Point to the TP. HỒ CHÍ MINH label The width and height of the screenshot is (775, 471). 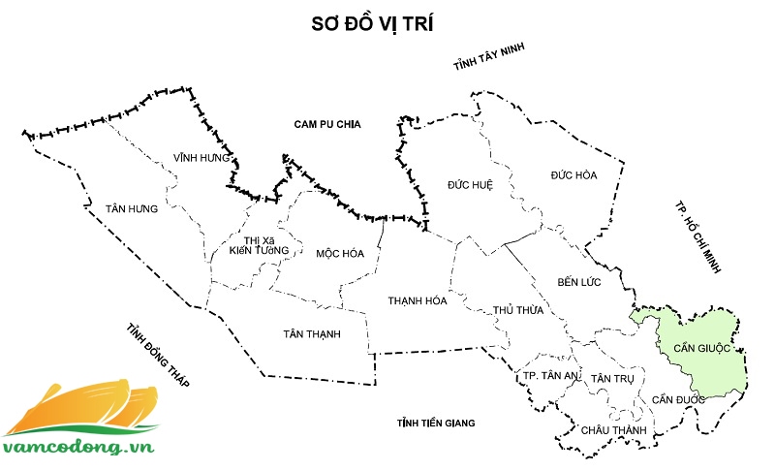(698, 238)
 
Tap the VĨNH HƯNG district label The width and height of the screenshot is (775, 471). (201, 157)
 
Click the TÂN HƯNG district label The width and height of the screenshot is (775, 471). (132, 208)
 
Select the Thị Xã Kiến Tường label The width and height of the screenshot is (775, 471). (260, 245)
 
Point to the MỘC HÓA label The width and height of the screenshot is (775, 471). (340, 254)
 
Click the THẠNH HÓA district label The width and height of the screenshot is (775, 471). (418, 300)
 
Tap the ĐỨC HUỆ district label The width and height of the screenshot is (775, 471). (471, 184)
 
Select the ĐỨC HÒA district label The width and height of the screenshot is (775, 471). (573, 175)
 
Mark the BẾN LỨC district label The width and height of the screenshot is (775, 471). (580, 282)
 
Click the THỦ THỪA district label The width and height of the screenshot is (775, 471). (517, 311)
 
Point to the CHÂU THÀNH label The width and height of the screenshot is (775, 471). (606, 428)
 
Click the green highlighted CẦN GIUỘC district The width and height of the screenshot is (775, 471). (700, 349)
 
